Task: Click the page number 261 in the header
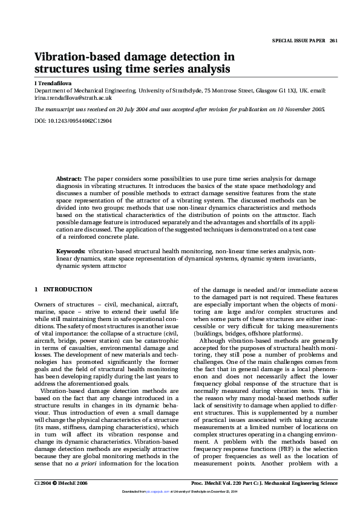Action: click(333, 41)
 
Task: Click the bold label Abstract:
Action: click(69, 180)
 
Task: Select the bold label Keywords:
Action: click(71, 250)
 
